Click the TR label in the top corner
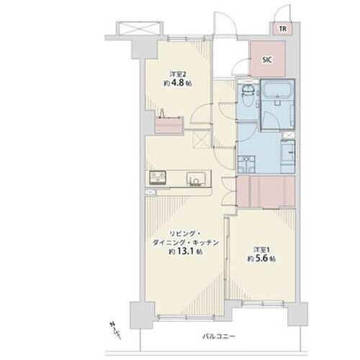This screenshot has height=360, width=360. (x=283, y=29)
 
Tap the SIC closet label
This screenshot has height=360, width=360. (x=267, y=60)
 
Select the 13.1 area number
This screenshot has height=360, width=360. (x=186, y=251)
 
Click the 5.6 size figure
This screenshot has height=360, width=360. (x=263, y=258)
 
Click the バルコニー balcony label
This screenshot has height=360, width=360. (x=219, y=336)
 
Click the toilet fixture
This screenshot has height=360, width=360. (x=248, y=95)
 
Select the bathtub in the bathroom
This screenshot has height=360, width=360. (x=277, y=90)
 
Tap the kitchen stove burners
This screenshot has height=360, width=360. (x=158, y=178)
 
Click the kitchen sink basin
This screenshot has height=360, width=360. (x=196, y=179)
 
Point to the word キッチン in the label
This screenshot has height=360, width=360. (x=207, y=243)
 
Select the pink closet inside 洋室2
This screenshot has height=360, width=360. (x=169, y=125)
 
